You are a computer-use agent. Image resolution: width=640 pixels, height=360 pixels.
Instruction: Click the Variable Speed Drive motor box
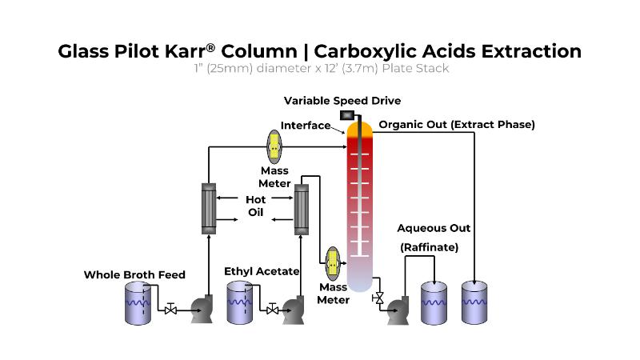tap(347, 115)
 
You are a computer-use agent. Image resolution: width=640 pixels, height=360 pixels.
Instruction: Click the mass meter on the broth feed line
tap(274, 144)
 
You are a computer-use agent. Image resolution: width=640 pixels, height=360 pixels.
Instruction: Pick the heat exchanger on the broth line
tap(208, 207)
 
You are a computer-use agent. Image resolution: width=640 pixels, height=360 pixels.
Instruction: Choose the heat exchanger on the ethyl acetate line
tap(301, 207)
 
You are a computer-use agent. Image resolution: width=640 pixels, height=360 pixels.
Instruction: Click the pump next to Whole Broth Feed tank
tap(199, 310)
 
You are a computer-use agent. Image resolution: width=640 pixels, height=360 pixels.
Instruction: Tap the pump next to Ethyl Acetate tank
tap(294, 310)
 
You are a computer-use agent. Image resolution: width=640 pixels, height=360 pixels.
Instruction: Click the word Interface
tap(305, 126)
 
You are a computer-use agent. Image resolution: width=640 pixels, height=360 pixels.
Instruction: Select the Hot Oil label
tap(255, 206)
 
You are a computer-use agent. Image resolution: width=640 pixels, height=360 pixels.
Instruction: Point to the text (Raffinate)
tap(430, 247)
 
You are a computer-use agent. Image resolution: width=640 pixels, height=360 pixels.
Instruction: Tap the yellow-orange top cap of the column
tap(359, 129)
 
